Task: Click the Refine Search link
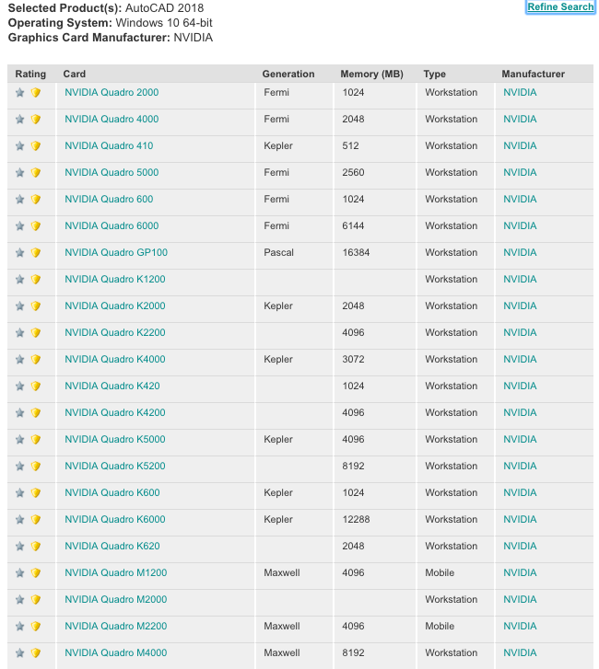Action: [560, 6]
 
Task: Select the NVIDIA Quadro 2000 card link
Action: [112, 93]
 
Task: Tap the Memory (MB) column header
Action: [371, 75]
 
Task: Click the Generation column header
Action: [288, 75]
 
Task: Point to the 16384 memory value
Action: [356, 253]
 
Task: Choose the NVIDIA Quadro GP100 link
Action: [116, 253]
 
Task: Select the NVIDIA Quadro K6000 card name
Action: [115, 520]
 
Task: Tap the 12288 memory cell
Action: [356, 520]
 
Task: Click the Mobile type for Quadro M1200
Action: [440, 573]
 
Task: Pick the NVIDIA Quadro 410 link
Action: [109, 146]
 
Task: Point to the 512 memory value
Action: [350, 146]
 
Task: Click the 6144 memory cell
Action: [353, 226]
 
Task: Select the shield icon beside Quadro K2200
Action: [36, 333]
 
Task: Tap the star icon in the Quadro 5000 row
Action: [20, 173]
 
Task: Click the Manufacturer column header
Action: [533, 75]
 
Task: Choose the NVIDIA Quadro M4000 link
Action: [116, 653]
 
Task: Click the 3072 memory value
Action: [353, 360]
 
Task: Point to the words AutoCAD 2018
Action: [154, 7]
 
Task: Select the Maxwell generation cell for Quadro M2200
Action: [281, 627]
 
